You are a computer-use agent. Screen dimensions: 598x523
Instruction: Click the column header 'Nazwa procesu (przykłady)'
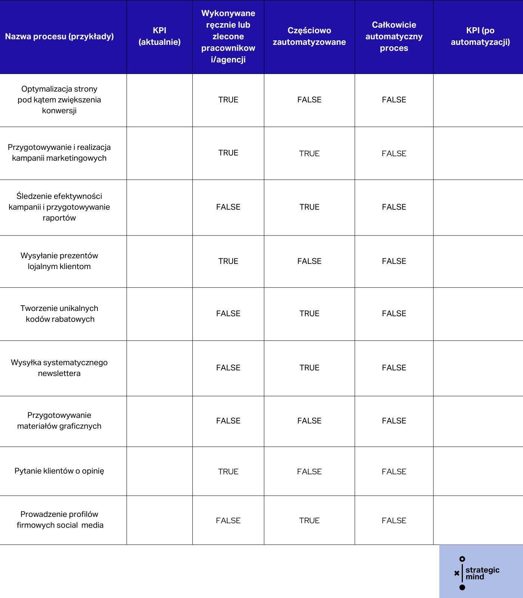[59, 37]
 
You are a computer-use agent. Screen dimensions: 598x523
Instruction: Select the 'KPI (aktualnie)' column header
[160, 36]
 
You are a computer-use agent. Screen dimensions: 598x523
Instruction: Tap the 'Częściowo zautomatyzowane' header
[309, 36]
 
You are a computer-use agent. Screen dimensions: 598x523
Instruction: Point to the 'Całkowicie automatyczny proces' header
[394, 36]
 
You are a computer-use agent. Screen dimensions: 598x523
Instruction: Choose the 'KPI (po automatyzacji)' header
[480, 36]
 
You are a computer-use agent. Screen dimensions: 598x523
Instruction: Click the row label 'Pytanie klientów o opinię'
[59, 471]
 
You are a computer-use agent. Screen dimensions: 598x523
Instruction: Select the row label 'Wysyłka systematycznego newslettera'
[59, 368]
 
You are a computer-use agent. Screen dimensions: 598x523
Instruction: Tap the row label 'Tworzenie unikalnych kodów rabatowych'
[59, 314]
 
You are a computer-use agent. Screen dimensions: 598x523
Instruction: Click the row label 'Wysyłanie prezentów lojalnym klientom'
[59, 261]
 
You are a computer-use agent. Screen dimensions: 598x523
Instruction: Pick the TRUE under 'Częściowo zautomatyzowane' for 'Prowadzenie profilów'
[309, 521]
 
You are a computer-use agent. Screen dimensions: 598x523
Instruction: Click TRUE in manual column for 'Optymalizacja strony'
[228, 100]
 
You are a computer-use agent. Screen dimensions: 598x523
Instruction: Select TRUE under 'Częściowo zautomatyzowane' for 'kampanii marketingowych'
[309, 154]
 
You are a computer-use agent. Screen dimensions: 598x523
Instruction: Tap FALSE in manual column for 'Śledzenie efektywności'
[228, 207]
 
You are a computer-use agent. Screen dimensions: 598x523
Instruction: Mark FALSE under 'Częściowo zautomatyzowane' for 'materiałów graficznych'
[309, 421]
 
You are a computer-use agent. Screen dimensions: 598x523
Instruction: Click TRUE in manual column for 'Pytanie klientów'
[228, 472]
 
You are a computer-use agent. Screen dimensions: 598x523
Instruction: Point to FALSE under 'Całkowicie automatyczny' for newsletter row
[394, 368]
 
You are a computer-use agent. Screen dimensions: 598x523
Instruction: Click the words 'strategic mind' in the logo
[482, 573]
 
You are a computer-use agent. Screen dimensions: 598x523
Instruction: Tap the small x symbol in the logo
[457, 573]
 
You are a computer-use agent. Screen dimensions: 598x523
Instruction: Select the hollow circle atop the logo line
[462, 559]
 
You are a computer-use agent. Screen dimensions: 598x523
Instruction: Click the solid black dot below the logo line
[462, 588]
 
